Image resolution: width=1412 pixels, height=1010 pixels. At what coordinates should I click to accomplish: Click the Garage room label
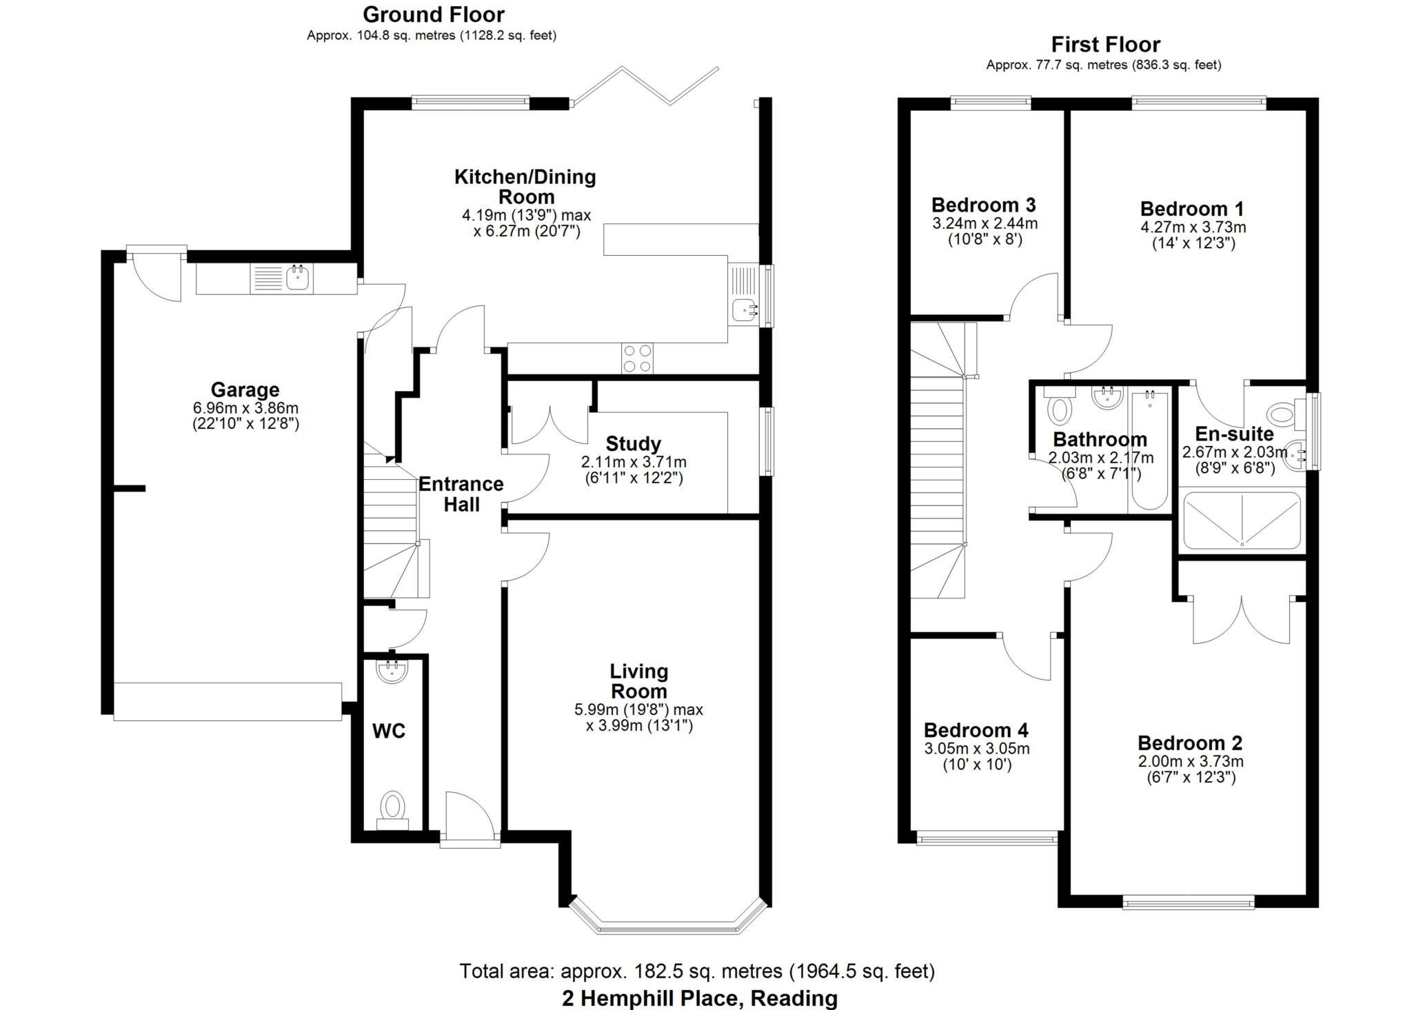point(245,390)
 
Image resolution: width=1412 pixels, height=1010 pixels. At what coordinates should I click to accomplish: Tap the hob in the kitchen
point(637,358)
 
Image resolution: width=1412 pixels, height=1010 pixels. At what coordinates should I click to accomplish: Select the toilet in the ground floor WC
point(392,807)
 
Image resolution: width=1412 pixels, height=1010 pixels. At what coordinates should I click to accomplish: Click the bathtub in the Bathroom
point(1149,452)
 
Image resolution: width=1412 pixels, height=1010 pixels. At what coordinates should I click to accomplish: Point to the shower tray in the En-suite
point(1242,521)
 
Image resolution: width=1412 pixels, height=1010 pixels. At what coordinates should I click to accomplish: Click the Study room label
point(633,444)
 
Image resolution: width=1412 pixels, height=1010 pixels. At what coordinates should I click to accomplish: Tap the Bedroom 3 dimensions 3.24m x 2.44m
point(985,223)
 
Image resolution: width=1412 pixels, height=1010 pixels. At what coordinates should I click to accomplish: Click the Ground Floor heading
point(433,14)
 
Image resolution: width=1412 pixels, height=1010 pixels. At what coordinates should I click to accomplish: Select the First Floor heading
point(1105,45)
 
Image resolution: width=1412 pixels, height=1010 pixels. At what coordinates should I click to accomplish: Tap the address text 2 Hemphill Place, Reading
point(699,998)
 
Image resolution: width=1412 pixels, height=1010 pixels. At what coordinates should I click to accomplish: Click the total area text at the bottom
point(697,971)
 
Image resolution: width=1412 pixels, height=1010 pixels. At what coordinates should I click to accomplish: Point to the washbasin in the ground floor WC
point(392,671)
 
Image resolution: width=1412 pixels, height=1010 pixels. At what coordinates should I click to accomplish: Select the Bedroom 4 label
point(976,730)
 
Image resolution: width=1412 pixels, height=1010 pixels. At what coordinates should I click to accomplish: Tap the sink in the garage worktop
point(298,279)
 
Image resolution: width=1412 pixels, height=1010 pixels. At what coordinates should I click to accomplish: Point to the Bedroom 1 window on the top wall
point(1198,103)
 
